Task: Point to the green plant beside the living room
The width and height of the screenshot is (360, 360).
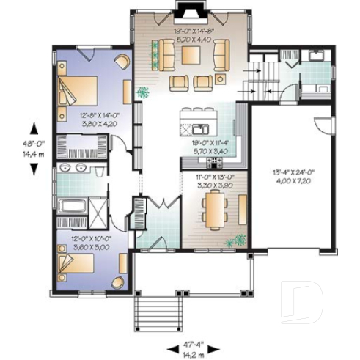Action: (144, 92)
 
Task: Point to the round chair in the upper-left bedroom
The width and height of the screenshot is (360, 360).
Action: (121, 63)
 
